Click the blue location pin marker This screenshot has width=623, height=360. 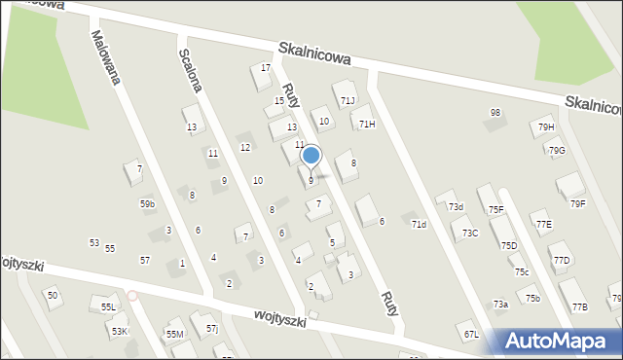click(x=311, y=156)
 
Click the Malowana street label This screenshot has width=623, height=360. click(x=104, y=57)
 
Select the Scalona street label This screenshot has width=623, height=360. click(x=191, y=71)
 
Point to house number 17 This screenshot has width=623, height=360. click(x=266, y=68)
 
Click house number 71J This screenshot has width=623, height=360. click(x=348, y=101)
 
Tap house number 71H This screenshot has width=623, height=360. click(x=367, y=124)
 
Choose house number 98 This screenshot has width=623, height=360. click(x=495, y=113)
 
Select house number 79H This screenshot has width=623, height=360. click(x=546, y=127)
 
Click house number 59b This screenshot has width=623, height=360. click(x=147, y=204)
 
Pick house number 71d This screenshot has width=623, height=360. click(x=419, y=225)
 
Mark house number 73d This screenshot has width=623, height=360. click(x=456, y=206)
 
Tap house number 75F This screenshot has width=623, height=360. click(x=495, y=210)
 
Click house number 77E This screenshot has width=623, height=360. click(x=543, y=225)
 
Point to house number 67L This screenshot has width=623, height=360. click(x=471, y=335)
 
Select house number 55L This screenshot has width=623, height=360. click(x=108, y=307)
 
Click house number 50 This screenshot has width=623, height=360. click(x=53, y=295)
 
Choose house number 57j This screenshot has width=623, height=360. click(x=212, y=329)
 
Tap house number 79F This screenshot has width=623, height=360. click(x=578, y=203)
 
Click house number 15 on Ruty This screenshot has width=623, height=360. click(x=279, y=101)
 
